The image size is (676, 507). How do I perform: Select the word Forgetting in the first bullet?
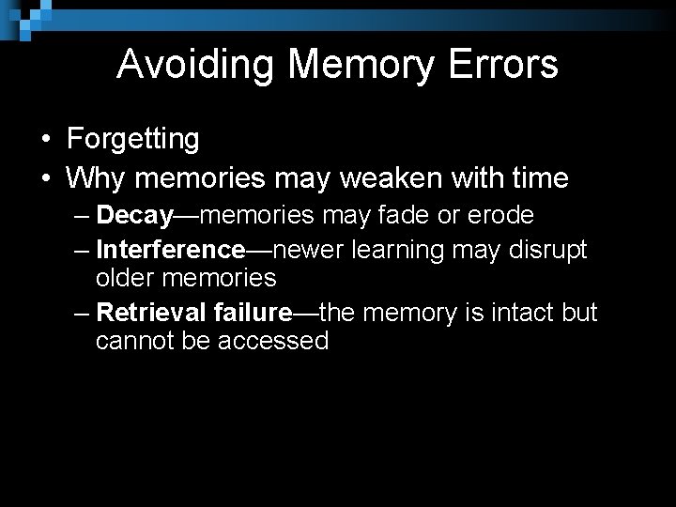point(133,139)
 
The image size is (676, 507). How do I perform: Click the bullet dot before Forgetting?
point(45,140)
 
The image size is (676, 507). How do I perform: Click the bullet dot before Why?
point(45,177)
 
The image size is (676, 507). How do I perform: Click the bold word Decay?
point(134,215)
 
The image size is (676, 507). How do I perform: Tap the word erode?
point(500,215)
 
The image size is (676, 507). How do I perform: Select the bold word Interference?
point(170,250)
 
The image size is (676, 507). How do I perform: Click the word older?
point(127,278)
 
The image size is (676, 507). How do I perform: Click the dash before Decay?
point(81,215)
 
